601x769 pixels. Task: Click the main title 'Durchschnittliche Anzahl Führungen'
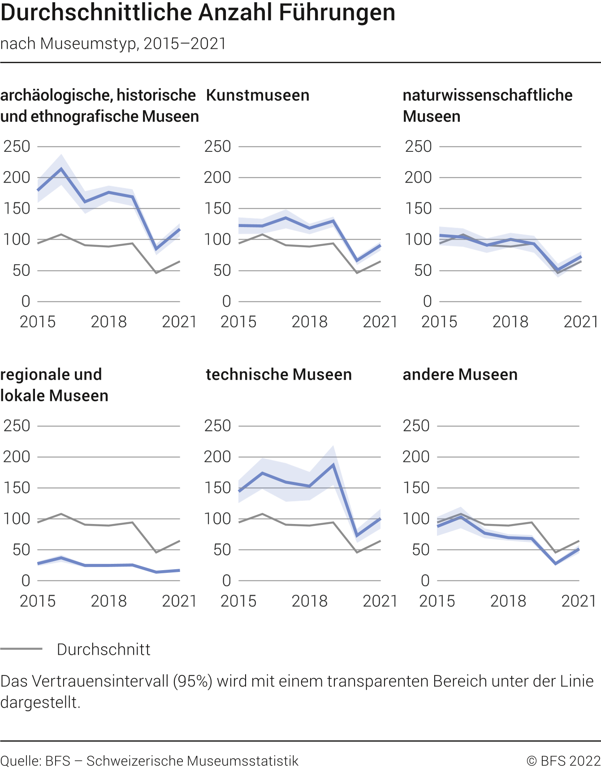coord(198,13)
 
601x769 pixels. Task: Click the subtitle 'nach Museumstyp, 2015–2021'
coord(113,43)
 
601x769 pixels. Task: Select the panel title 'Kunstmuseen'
coord(258,95)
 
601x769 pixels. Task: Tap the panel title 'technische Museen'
coord(279,374)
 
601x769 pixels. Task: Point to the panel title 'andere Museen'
coord(460,374)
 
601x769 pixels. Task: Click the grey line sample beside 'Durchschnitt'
coord(21,649)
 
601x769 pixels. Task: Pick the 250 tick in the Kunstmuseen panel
coord(217,146)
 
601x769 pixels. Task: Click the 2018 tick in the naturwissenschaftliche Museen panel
coord(510,322)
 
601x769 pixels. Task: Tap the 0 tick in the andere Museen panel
coord(425,581)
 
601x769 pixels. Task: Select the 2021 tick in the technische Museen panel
coord(380,601)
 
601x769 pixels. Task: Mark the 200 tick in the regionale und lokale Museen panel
coord(17,457)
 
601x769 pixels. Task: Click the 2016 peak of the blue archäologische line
coord(61,169)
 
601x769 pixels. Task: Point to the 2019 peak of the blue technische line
coord(333,465)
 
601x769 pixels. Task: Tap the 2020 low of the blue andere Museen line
coord(556,563)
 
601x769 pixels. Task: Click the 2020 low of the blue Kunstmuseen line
coord(357,260)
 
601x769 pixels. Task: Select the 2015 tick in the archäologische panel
coord(38,322)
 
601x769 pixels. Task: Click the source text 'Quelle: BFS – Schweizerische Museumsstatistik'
coord(149,761)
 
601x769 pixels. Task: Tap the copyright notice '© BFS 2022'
coord(563,761)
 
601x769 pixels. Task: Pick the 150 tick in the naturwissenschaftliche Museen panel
coord(418,209)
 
